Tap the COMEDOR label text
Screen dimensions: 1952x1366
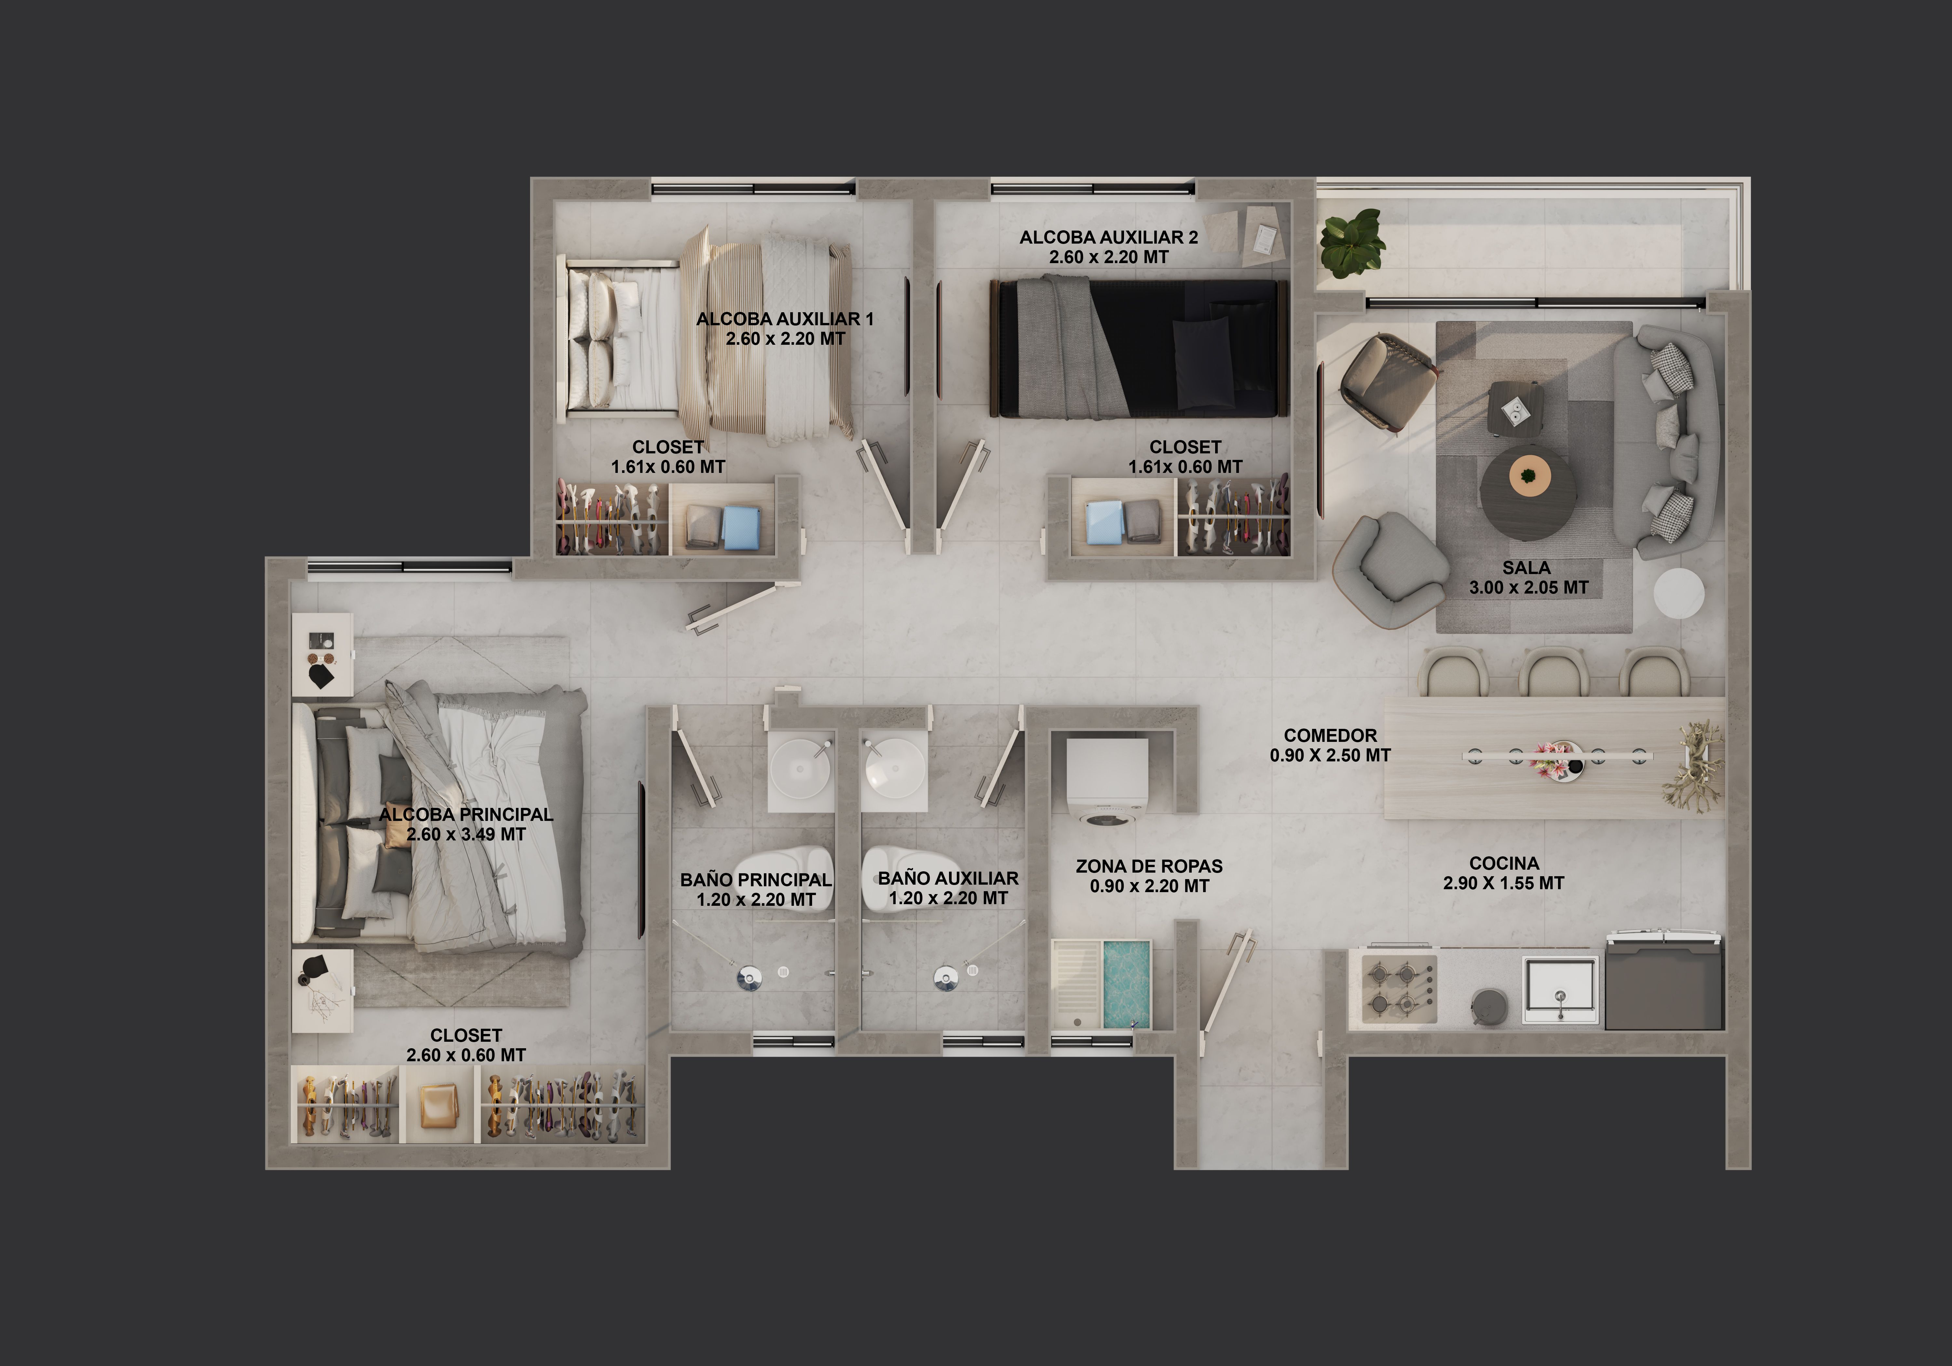[x=1330, y=735]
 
